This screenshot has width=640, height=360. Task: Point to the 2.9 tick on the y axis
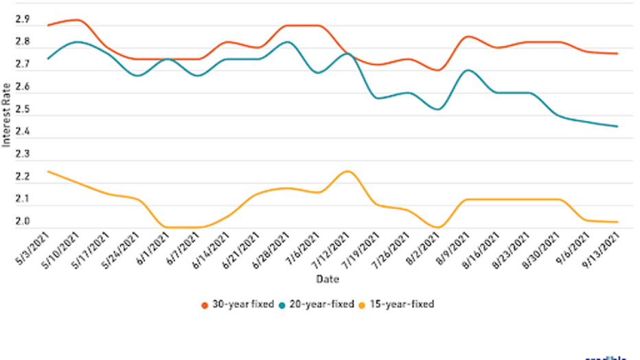pyautogui.click(x=22, y=20)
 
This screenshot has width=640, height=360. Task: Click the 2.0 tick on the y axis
pyautogui.click(x=22, y=222)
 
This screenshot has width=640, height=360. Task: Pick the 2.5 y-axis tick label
pyautogui.click(x=22, y=110)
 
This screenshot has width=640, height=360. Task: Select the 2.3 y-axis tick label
pyautogui.click(x=22, y=155)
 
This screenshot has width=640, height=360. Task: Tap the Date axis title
pyautogui.click(x=327, y=279)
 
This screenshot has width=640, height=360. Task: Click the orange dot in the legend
pyautogui.click(x=204, y=304)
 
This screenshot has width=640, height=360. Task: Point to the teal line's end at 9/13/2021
pyautogui.click(x=617, y=126)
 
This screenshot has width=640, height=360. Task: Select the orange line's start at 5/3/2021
pyautogui.click(x=47, y=25)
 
